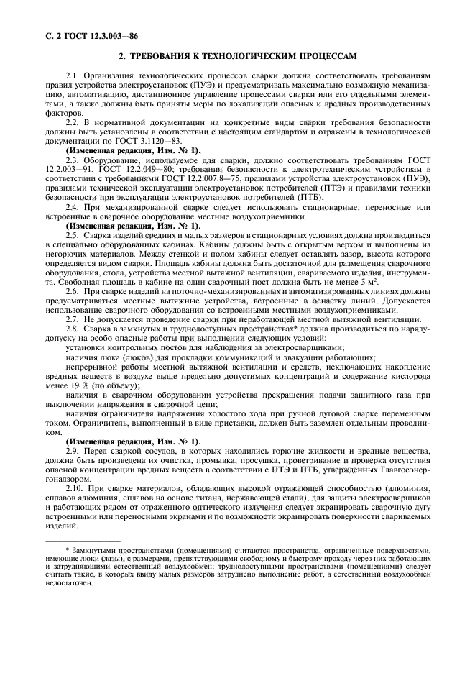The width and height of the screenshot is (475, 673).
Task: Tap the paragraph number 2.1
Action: point(71,75)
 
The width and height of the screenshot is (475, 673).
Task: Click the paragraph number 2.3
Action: point(71,161)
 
